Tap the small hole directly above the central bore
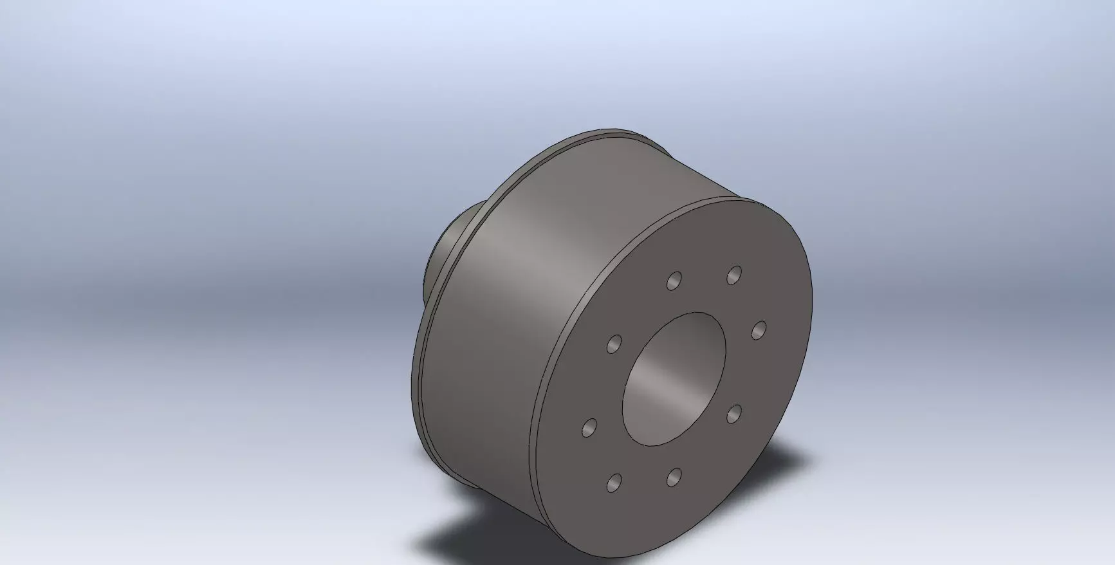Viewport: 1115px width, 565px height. point(674,281)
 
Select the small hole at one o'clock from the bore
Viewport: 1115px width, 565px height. point(733,275)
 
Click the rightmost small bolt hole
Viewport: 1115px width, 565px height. point(759,329)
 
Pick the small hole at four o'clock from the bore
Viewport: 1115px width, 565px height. point(733,414)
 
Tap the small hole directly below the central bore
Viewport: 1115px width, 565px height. point(674,477)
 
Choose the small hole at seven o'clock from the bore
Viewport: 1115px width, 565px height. point(614,481)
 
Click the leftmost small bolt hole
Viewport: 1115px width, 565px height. point(589,427)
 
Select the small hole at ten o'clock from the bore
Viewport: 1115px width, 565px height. point(614,344)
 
